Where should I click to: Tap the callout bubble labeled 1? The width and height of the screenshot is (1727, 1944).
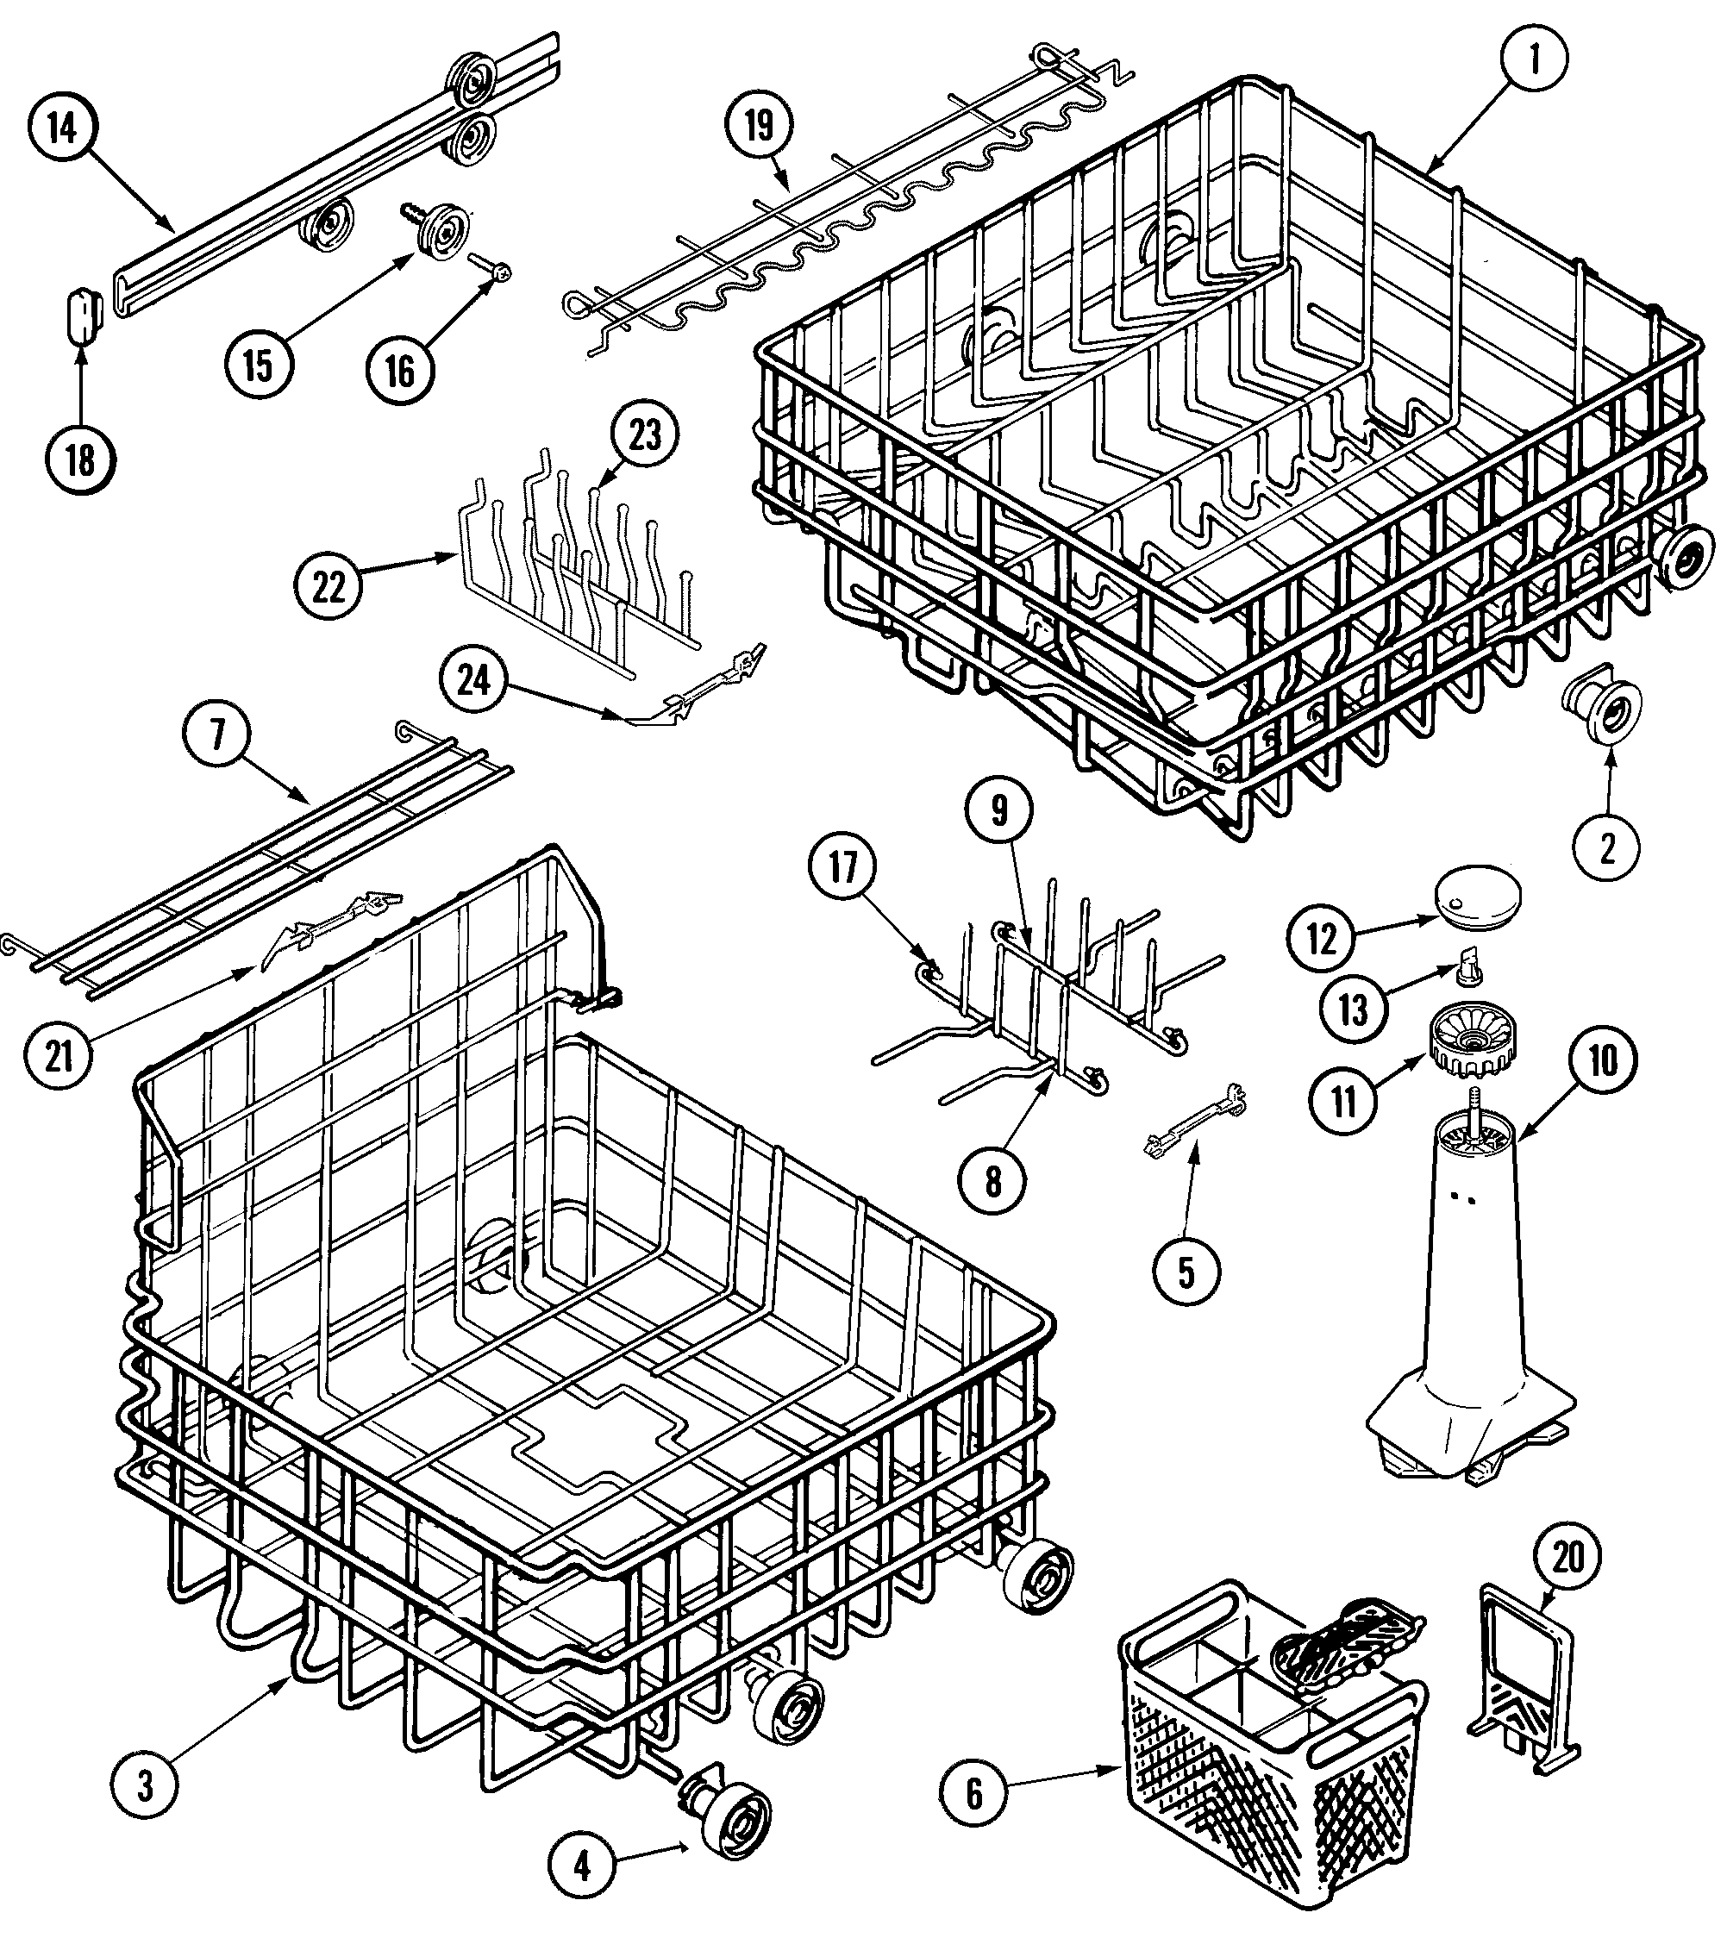click(1533, 58)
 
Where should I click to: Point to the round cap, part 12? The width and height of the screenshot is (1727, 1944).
click(1478, 893)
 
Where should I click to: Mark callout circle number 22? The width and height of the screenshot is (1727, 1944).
click(329, 587)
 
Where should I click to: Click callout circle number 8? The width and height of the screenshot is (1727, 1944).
click(993, 1182)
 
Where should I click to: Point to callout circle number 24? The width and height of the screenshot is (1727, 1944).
click(474, 681)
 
